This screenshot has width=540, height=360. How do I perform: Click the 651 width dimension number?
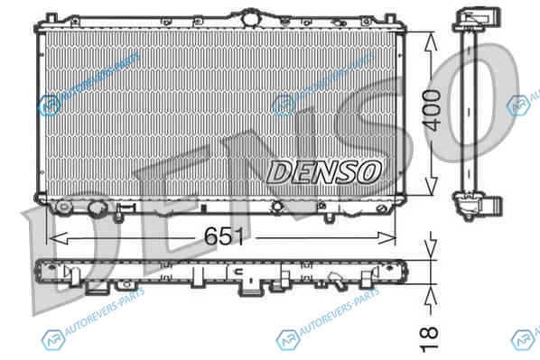[x=224, y=236]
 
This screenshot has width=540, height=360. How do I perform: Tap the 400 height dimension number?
[x=433, y=110]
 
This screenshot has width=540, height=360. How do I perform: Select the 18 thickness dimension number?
[x=429, y=339]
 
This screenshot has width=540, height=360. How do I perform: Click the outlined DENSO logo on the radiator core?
[x=324, y=171]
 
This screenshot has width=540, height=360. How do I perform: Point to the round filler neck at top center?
[x=251, y=17]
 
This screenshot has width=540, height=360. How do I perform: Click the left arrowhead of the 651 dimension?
[x=58, y=238]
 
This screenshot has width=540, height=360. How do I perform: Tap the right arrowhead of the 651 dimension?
[x=386, y=237]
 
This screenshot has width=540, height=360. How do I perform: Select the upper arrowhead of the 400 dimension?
[x=431, y=42]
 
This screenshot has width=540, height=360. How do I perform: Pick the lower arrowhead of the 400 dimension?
[x=430, y=187]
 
